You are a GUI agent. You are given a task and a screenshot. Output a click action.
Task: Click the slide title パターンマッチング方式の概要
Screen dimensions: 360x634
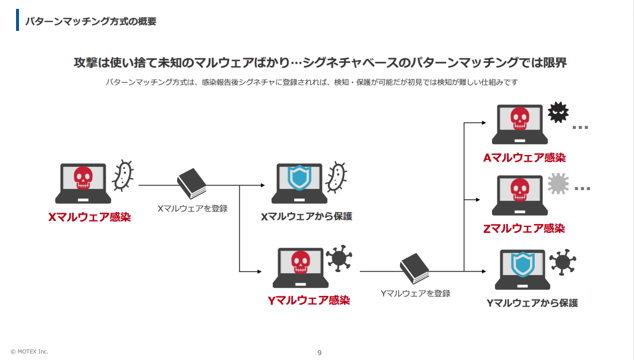pyautogui.click(x=90, y=21)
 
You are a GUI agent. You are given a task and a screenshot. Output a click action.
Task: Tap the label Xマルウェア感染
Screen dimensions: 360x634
pyautogui.click(x=89, y=217)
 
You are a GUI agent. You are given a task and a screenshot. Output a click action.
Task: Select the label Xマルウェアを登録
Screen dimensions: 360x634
pyautogui.click(x=193, y=209)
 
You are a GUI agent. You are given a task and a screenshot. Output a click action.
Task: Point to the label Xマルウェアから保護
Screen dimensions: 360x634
pyautogui.click(x=307, y=216)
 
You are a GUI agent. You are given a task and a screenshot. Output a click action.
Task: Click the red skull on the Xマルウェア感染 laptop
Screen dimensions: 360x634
pyautogui.click(x=83, y=178)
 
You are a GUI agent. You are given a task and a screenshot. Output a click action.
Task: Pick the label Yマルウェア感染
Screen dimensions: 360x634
pyautogui.click(x=308, y=301)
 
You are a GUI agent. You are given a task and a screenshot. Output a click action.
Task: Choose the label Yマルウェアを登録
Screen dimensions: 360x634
pyautogui.click(x=415, y=293)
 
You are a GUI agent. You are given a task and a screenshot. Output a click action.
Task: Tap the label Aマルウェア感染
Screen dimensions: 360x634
pyautogui.click(x=523, y=158)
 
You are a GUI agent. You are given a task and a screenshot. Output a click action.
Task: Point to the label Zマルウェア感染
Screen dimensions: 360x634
pyautogui.click(x=523, y=229)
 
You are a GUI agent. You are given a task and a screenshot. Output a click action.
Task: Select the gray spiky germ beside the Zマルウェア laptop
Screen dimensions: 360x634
pyautogui.click(x=558, y=184)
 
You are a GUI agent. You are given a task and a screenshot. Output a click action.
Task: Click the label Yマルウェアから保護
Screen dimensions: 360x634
pyautogui.click(x=532, y=303)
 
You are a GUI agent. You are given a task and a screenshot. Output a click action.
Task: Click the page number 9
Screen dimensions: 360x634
pyautogui.click(x=319, y=353)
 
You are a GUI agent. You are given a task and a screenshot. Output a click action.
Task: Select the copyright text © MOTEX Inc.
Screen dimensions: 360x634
pyautogui.click(x=29, y=352)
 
